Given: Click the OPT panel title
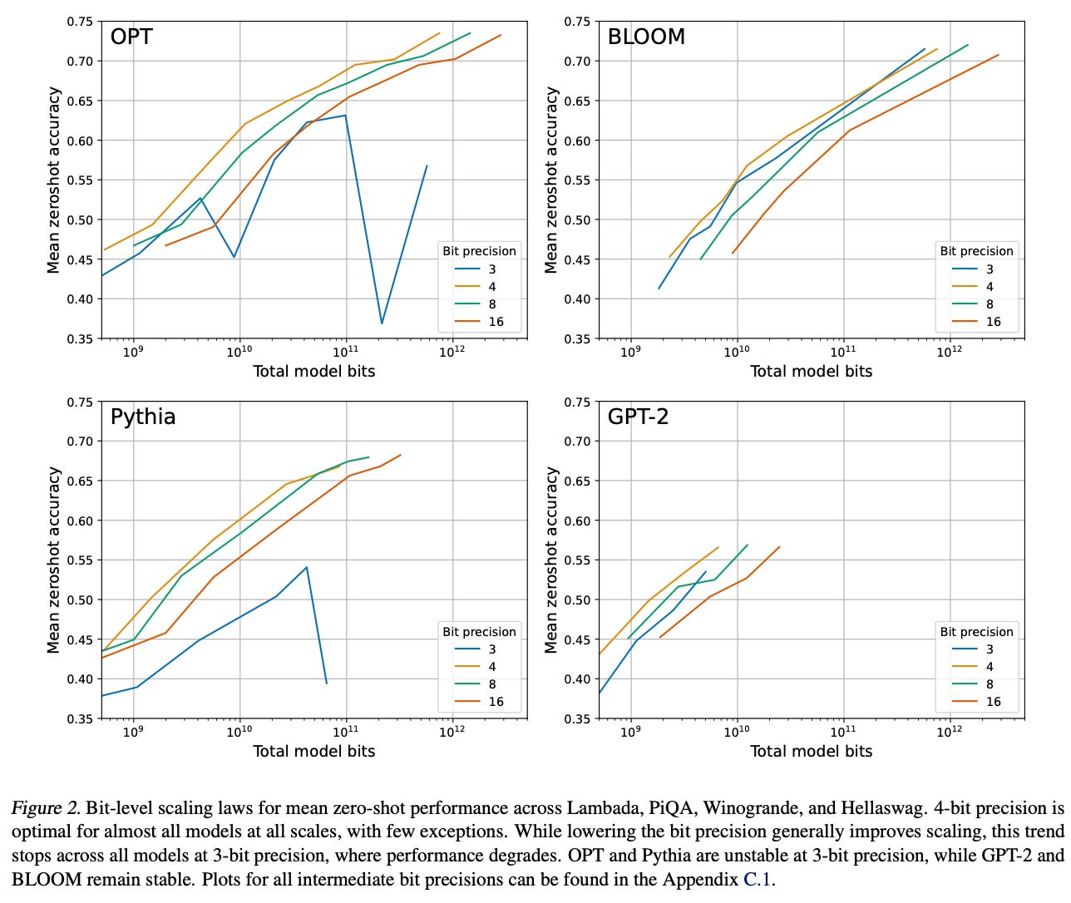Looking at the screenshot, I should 131,37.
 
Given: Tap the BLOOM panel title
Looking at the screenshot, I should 646,37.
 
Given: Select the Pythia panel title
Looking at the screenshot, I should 143,416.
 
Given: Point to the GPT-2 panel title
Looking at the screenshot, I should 638,416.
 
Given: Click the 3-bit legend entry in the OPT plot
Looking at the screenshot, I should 491,269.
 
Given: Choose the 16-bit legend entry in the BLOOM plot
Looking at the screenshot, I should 993,322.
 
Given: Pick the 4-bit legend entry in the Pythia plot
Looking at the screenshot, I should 491,667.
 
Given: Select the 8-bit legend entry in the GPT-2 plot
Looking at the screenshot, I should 990,684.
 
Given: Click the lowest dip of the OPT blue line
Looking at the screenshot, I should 382,323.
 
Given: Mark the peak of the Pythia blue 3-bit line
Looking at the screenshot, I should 307,567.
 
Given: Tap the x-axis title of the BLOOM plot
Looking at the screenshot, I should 811,372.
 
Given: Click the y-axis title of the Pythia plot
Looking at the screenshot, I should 54,560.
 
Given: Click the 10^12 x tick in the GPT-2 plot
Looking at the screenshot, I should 950,733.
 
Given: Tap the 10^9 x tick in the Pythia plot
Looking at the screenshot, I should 133,733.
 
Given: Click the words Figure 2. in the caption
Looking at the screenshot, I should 46,808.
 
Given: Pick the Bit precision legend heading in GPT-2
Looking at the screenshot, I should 976,632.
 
